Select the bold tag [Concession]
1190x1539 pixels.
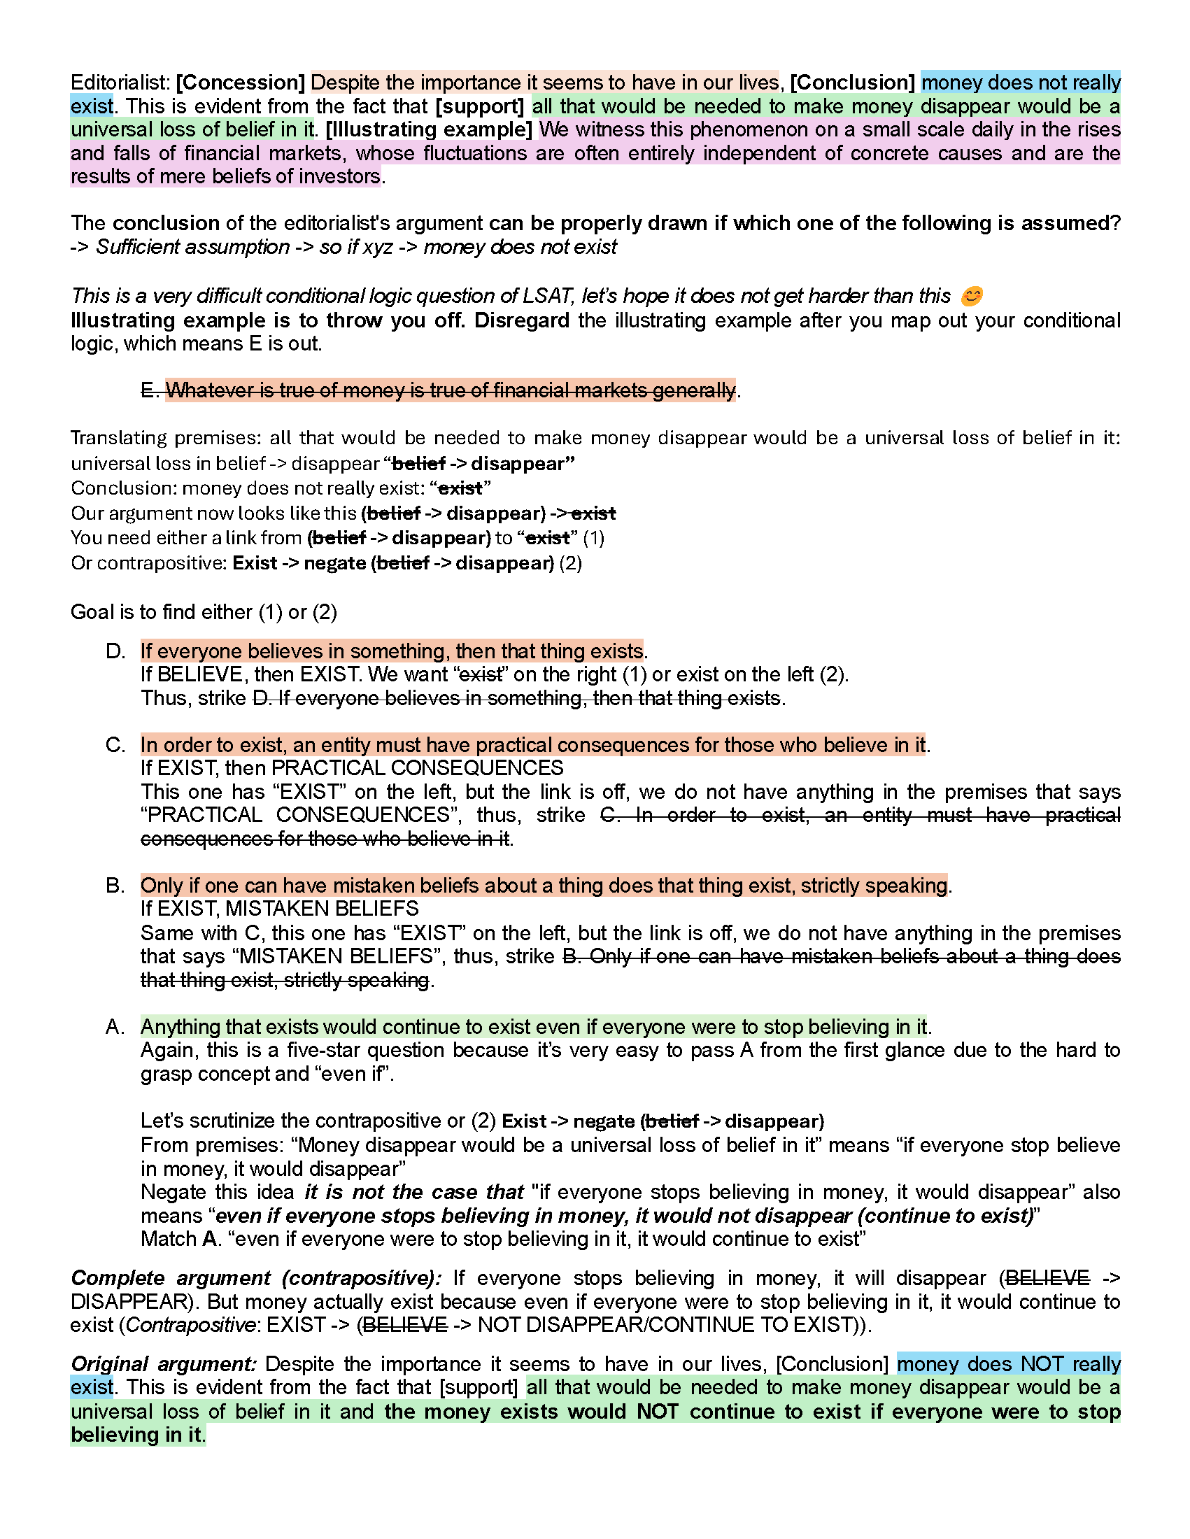tap(240, 83)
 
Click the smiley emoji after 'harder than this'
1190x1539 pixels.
tap(972, 296)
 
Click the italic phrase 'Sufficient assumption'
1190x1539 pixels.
tap(192, 248)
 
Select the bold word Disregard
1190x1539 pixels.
tap(521, 320)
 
